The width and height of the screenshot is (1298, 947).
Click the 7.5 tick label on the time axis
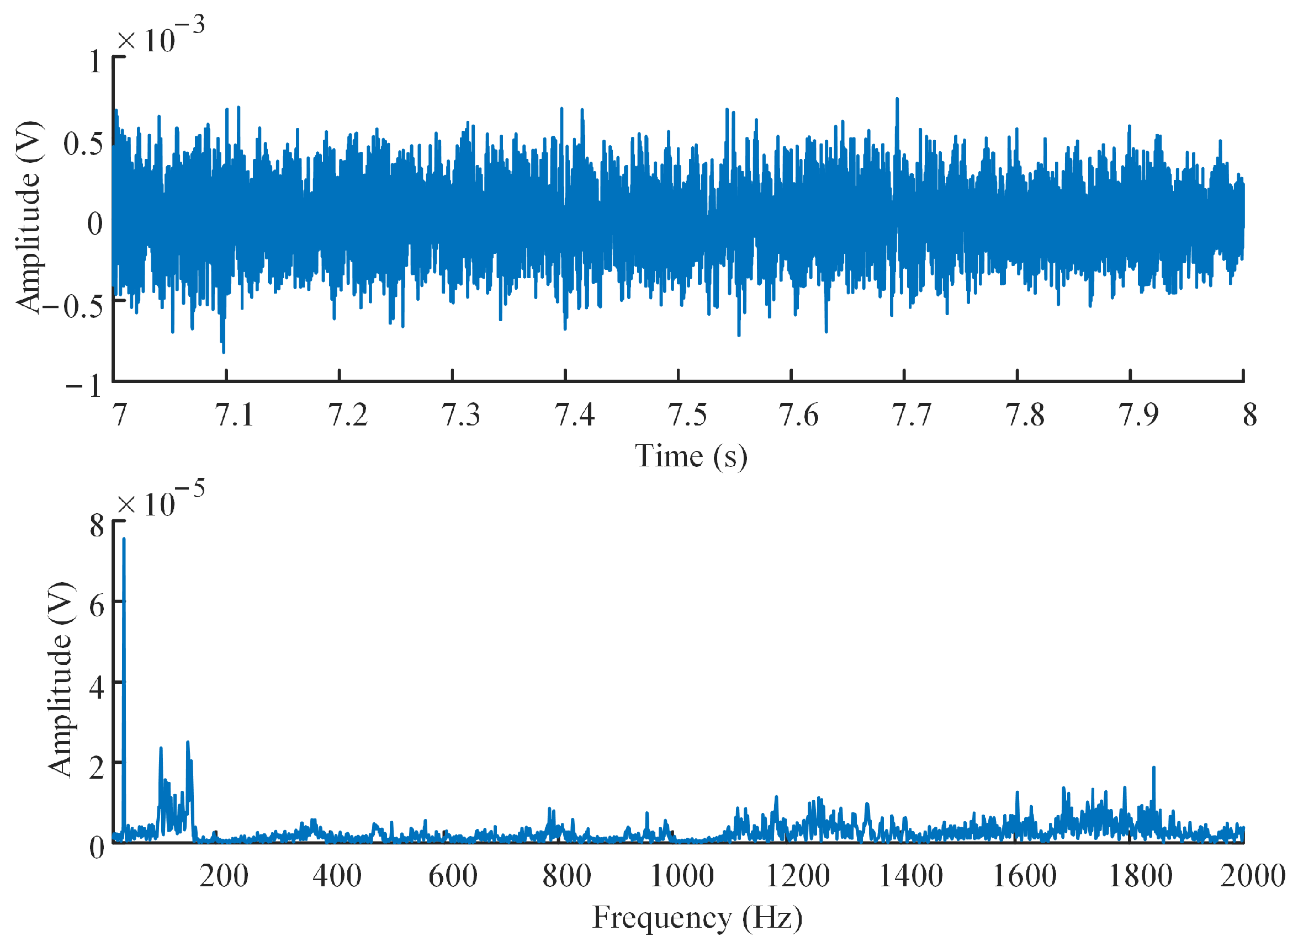click(x=687, y=414)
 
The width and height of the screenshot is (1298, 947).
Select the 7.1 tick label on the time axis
click(x=235, y=414)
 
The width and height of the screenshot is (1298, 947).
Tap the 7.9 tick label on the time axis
click(x=1138, y=414)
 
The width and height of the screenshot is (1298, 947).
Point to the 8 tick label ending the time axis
click(x=1250, y=414)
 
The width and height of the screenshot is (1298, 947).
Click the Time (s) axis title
click(x=691, y=457)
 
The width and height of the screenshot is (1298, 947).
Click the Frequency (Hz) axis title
click(x=697, y=918)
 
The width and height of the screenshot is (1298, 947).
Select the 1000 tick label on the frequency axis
click(x=682, y=876)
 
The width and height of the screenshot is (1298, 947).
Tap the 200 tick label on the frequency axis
click(x=224, y=876)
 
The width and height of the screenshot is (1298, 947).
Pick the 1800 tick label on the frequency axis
click(x=1140, y=876)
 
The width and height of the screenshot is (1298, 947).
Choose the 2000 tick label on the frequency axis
click(x=1253, y=876)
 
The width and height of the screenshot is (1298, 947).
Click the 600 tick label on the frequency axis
click(x=453, y=876)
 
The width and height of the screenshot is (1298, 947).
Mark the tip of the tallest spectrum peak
click(x=124, y=538)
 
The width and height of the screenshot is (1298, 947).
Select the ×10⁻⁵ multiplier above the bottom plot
click(x=161, y=498)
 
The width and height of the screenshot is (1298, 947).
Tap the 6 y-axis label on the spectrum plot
click(x=97, y=605)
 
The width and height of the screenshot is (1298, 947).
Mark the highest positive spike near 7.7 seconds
click(x=897, y=99)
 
